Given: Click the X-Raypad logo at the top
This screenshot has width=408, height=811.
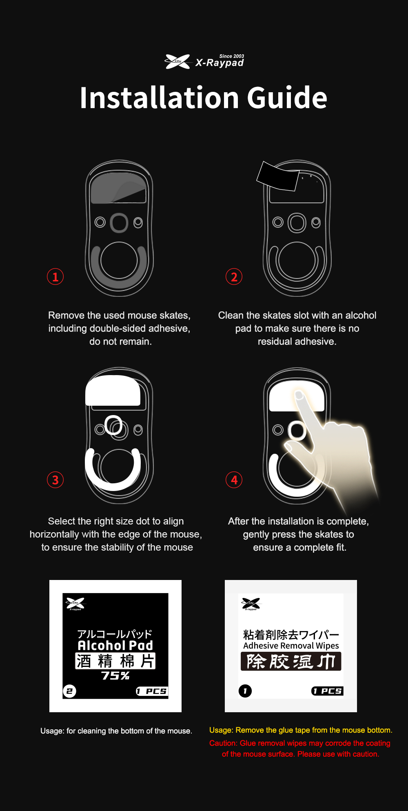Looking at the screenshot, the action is click(204, 62).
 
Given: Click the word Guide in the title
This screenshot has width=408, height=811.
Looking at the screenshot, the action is click(287, 98).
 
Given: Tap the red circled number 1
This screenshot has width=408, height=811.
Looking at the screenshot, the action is click(55, 277).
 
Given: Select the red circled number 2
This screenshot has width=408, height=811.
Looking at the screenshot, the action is click(234, 277).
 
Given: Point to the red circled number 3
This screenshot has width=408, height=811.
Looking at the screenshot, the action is click(55, 480).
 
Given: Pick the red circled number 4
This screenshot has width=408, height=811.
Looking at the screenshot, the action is click(234, 480).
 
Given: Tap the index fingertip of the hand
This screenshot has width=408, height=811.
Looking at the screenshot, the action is click(299, 395).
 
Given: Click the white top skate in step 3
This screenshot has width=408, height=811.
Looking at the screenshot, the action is click(113, 391).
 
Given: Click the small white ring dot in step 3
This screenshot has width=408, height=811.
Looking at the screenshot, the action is click(113, 425).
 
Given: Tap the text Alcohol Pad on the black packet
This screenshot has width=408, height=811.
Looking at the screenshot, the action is click(115, 645).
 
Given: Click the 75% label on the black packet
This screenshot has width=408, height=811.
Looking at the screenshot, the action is click(115, 675).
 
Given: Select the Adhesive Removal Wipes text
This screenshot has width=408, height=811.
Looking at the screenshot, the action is click(291, 646).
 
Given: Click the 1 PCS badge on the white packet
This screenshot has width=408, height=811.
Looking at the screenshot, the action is click(327, 691).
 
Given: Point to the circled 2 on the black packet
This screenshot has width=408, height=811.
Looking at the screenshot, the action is click(69, 691).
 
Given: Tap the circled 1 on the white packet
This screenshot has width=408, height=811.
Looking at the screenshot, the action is click(245, 691).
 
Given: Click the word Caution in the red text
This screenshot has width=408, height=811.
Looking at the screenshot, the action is click(223, 743).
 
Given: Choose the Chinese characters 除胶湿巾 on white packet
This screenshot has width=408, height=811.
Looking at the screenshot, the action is click(291, 662).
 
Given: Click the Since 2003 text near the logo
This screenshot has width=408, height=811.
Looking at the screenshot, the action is click(232, 56).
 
